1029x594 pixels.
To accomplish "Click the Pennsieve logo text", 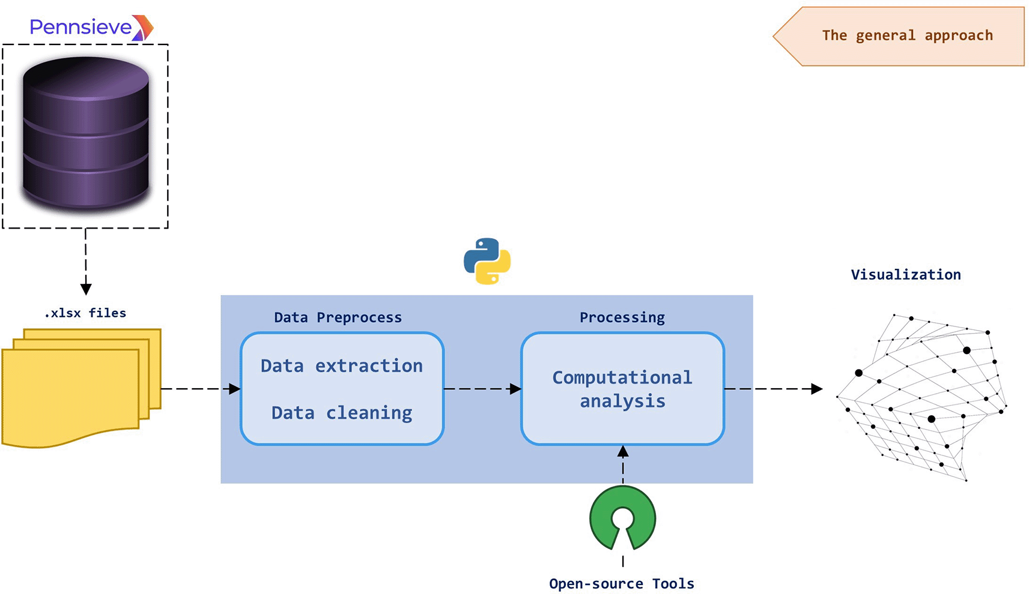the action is (81, 27).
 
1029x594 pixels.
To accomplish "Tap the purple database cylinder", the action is (86, 133).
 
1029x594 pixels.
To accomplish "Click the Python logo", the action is (487, 261).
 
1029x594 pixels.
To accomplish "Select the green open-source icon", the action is (622, 518).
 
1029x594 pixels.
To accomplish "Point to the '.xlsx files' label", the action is (85, 313).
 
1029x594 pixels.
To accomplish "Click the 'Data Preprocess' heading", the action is (338, 317).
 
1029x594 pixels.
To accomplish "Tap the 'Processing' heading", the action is (622, 317).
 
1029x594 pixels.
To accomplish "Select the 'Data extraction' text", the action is (341, 366).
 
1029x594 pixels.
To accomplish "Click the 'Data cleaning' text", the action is (341, 413).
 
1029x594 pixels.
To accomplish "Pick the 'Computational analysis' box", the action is (622, 389).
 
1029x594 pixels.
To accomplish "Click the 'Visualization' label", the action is (905, 274).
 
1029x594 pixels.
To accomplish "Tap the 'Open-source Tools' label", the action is (622, 583).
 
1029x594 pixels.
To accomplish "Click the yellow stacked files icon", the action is (81, 388).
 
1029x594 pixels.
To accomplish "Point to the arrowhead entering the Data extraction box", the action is (235, 389).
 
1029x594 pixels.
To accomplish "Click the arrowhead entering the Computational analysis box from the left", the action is (515, 389).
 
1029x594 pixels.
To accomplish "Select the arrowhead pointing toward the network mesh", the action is (817, 389).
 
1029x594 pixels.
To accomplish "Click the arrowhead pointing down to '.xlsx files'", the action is (86, 289).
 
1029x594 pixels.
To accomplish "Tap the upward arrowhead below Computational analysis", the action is (623, 451).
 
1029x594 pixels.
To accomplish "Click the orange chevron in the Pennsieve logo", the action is (144, 27).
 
